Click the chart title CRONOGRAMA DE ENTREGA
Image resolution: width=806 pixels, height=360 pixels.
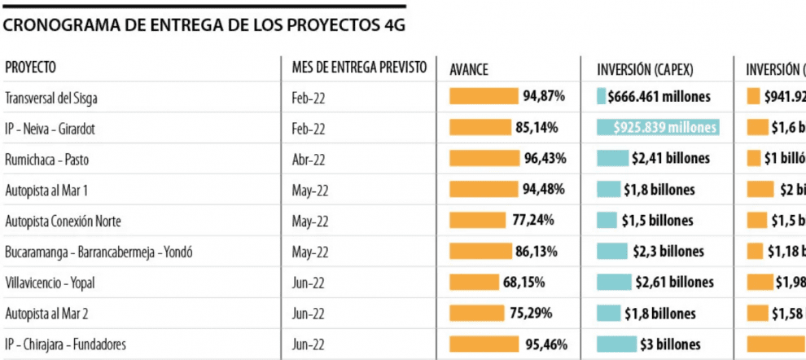(204, 25)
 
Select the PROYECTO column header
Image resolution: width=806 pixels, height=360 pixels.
(30, 68)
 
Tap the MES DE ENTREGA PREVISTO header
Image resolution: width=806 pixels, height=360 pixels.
(359, 68)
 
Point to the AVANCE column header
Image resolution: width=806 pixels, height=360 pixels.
(469, 70)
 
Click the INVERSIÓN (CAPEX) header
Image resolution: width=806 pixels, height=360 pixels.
(645, 70)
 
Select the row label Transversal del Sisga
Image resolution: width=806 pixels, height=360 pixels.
(57, 98)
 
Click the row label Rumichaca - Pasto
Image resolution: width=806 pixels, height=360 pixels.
(47, 159)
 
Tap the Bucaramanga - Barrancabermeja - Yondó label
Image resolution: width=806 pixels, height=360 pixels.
(99, 252)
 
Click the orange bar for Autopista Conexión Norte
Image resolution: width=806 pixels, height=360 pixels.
(477, 220)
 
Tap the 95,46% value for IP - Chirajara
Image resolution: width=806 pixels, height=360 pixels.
(544, 344)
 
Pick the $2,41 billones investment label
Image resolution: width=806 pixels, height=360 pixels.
(670, 158)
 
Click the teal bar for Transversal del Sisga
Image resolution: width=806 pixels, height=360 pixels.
(602, 97)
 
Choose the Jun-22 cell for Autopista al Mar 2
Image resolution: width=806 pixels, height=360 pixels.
(308, 314)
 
